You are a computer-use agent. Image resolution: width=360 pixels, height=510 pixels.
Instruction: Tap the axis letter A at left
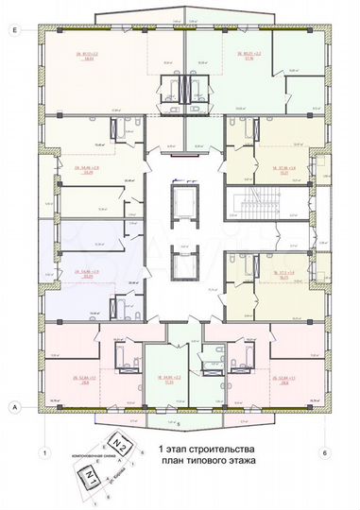15,406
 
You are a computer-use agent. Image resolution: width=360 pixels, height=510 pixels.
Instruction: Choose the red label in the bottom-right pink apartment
284,355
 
